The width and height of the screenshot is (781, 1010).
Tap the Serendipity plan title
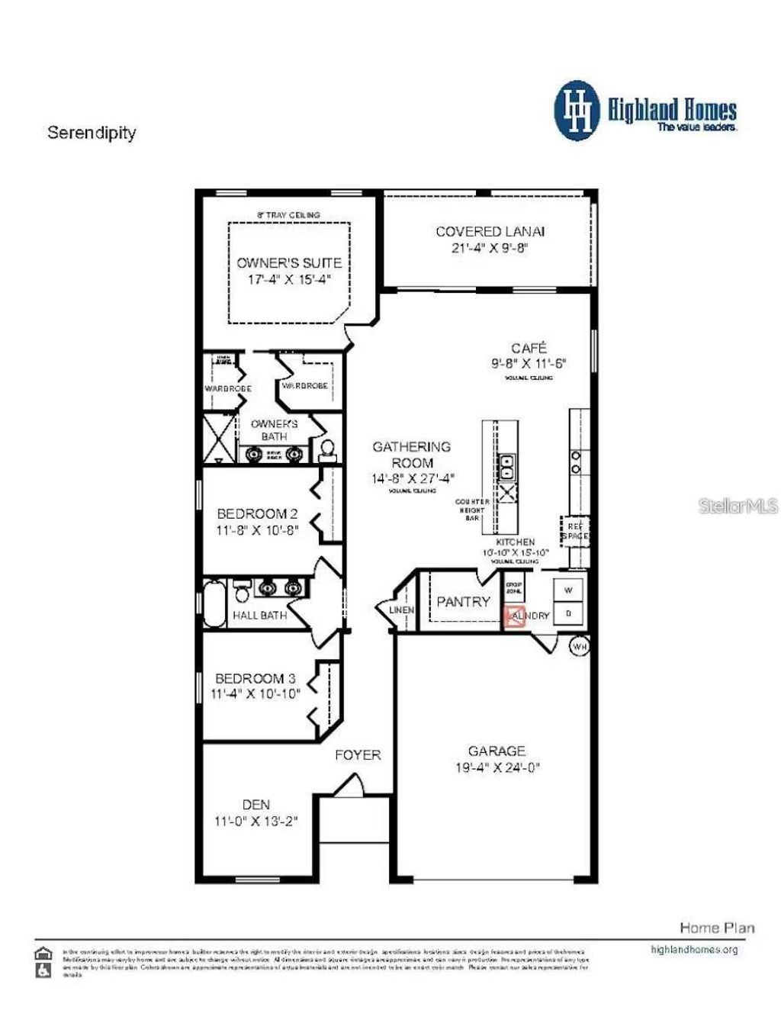tap(92, 133)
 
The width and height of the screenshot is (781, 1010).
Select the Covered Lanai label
tap(490, 231)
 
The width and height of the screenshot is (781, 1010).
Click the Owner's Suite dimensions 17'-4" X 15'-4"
tap(289, 279)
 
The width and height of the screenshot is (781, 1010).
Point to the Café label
tap(529, 348)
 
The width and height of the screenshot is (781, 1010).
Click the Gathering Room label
tap(411, 455)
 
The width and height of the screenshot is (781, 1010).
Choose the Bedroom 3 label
tap(255, 678)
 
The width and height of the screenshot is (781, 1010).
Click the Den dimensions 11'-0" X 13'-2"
tap(256, 822)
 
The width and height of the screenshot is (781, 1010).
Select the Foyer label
tap(358, 755)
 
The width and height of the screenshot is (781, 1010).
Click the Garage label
tap(497, 751)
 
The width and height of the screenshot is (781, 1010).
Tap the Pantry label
tap(463, 602)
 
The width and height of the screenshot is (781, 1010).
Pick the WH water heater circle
tap(580, 646)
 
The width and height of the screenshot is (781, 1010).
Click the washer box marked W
tap(568, 590)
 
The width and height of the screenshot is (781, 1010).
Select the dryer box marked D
tap(568, 613)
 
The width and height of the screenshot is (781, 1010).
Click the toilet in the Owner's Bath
tap(327, 449)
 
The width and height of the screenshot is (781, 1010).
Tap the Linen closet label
tap(402, 610)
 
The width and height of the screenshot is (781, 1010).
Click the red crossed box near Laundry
tap(515, 617)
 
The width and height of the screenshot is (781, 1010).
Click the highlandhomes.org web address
tap(693, 950)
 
